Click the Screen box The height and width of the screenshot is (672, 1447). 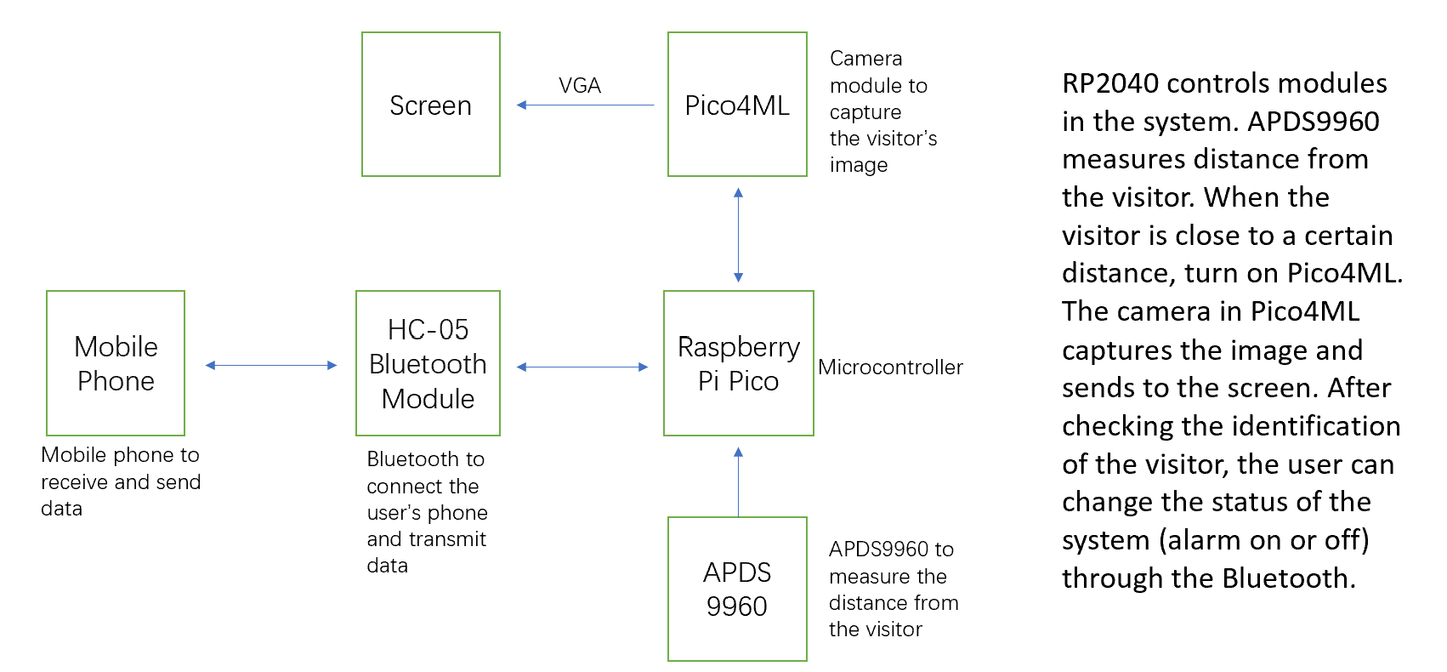430,105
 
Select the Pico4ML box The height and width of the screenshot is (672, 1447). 737,105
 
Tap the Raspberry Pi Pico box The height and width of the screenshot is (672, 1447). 738,363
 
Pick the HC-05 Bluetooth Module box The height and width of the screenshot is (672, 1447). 428,363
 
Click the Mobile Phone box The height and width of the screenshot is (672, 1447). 116,363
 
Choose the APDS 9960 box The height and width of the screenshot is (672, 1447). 737,589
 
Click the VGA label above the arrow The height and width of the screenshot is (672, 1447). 580,86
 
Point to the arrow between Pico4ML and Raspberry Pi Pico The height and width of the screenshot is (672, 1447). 738,235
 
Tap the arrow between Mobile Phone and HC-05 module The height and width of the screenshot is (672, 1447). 271,366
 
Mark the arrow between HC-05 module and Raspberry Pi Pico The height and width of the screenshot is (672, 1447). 582,367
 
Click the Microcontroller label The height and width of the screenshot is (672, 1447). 890,367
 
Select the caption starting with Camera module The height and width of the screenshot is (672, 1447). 882,111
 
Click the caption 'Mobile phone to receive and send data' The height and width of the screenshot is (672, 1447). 120,481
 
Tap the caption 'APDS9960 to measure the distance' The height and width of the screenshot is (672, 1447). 892,589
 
